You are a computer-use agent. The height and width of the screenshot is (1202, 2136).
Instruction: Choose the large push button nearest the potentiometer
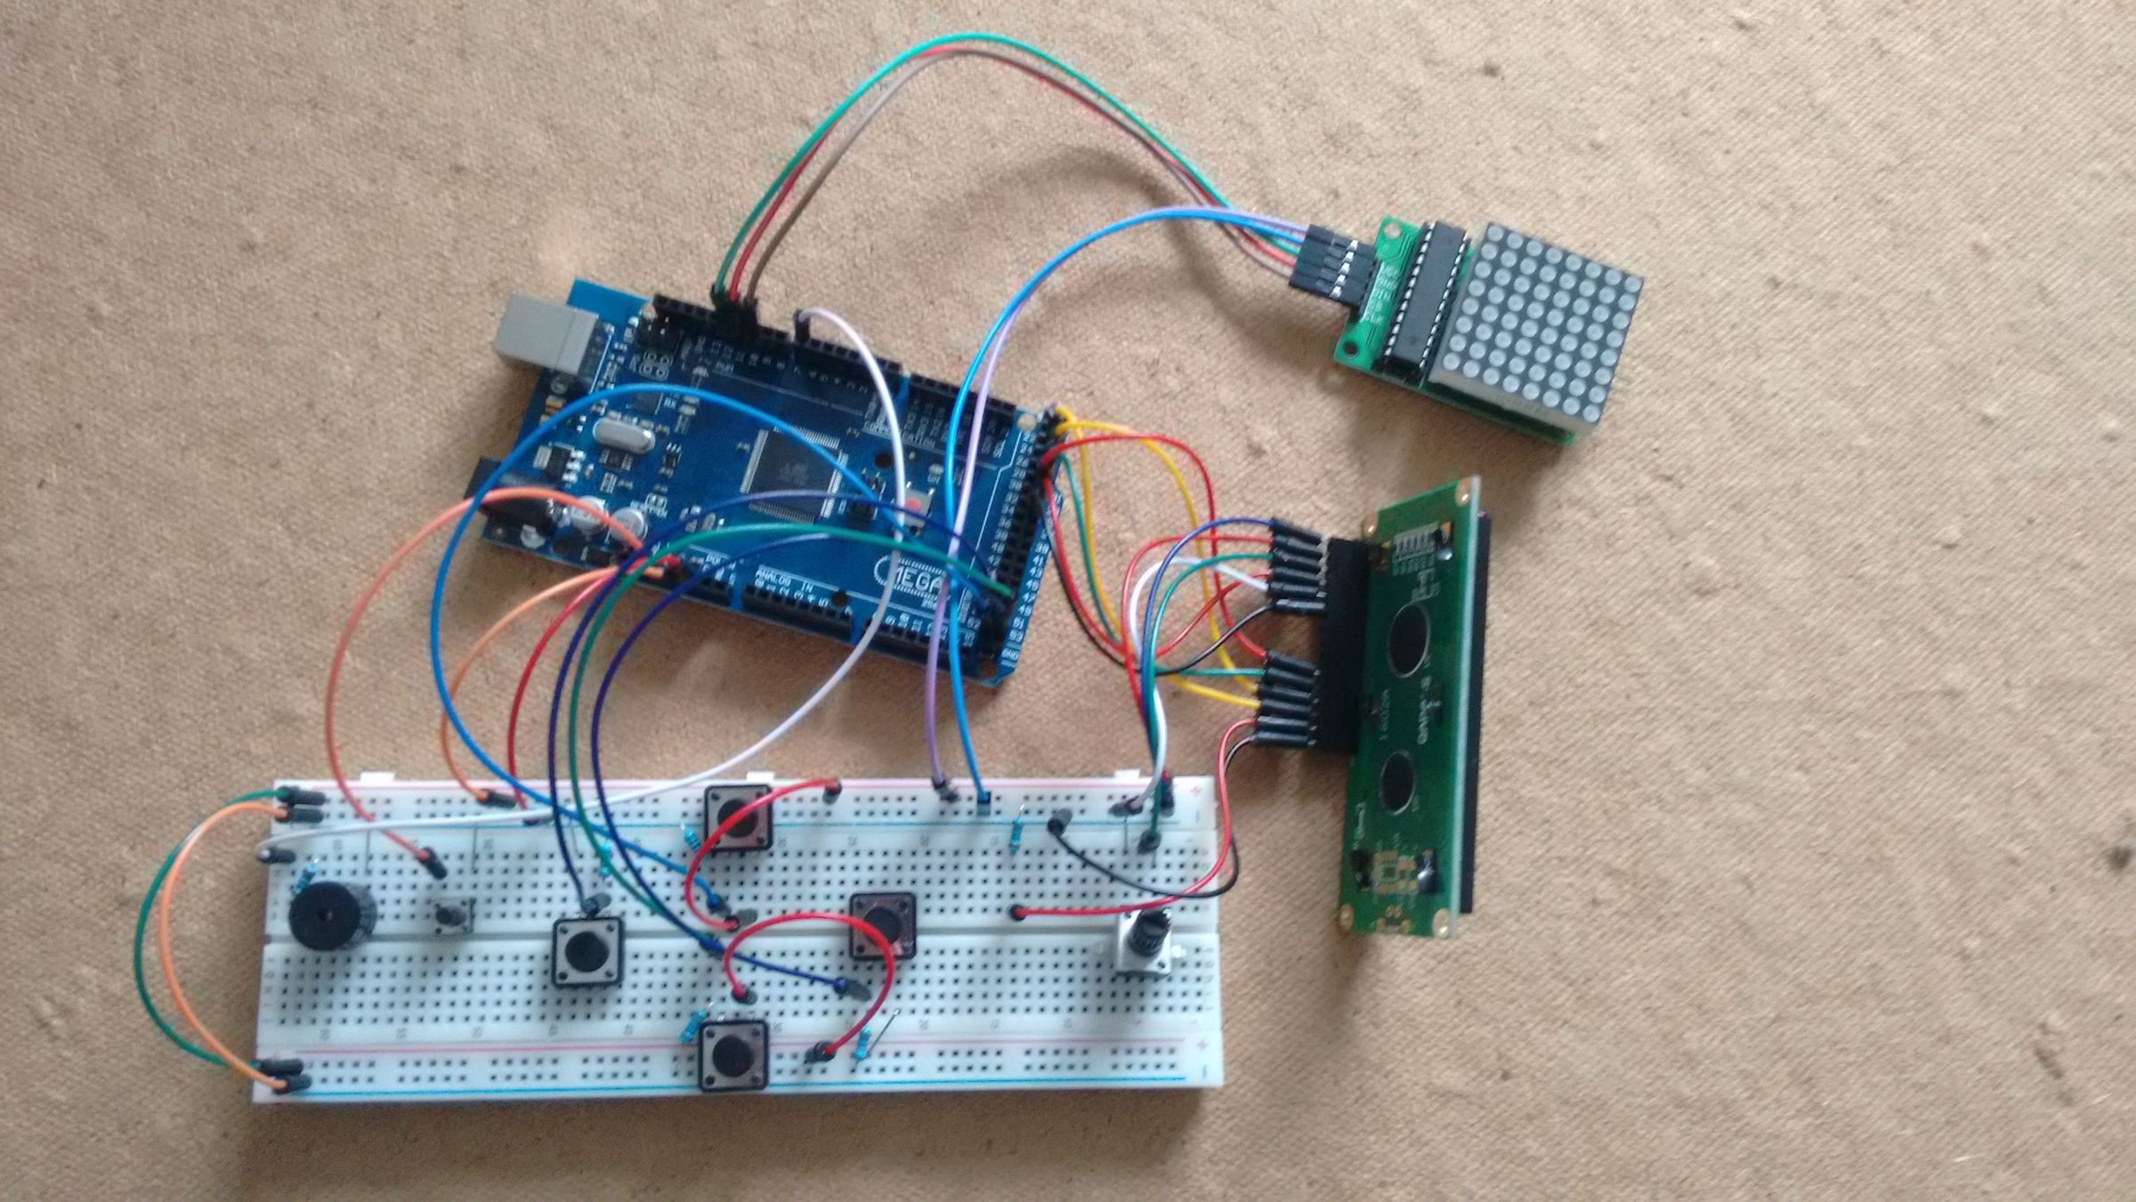[x=882, y=926]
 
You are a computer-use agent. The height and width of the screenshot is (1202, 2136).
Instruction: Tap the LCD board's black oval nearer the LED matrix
[x=1406, y=642]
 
